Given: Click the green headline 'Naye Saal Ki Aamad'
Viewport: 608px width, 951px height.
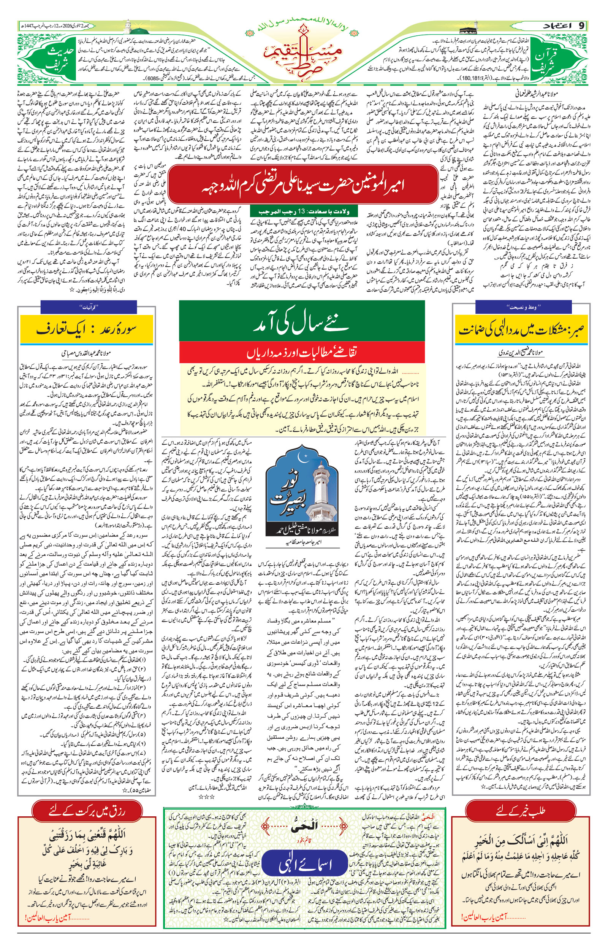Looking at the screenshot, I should point(302,324).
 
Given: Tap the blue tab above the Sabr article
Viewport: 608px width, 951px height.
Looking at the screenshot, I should point(523,307).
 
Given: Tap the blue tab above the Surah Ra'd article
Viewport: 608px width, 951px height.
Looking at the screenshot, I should point(89,307).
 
